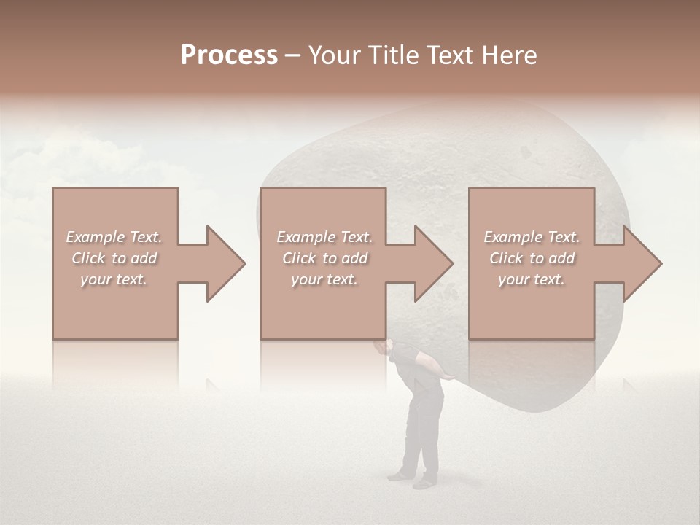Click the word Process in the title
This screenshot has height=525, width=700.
pos(229,55)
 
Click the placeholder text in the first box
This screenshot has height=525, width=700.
pos(114,258)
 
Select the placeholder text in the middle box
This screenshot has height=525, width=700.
pos(324,258)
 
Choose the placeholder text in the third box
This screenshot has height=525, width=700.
pos(532,258)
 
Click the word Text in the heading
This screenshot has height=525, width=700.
pos(447,55)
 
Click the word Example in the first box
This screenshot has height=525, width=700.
pos(95,237)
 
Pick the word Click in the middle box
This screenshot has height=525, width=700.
pos(298,258)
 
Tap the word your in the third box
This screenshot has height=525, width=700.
pos(513,279)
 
